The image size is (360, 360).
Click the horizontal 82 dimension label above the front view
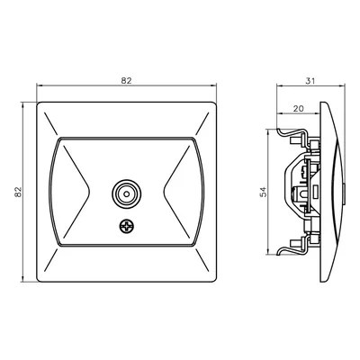(126, 81)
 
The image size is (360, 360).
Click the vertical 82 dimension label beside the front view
(18, 192)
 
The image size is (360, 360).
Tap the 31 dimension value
(310, 81)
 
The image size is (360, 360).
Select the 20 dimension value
(298, 108)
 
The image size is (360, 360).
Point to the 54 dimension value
(263, 192)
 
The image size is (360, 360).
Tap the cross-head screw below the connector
(126, 227)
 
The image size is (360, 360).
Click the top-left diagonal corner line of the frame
(50, 123)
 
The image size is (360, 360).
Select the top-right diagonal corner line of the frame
(202, 123)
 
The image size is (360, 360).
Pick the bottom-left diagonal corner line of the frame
(50, 260)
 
